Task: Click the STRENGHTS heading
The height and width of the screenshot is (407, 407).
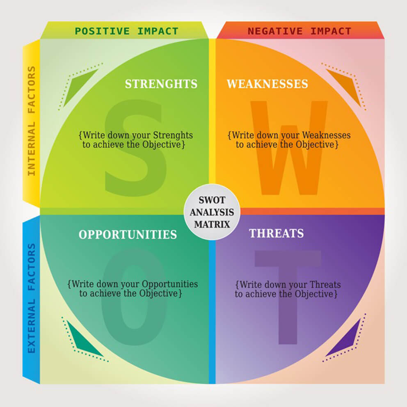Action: tap(161, 84)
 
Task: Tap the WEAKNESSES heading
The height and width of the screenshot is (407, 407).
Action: tap(267, 84)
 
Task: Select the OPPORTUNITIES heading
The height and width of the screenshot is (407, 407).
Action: tap(128, 234)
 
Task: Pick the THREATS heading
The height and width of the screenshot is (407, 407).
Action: tap(276, 233)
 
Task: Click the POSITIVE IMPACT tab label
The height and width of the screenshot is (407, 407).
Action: tap(126, 31)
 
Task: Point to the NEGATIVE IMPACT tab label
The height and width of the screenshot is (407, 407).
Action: tap(300, 31)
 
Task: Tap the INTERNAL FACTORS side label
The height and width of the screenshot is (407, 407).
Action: tap(32, 121)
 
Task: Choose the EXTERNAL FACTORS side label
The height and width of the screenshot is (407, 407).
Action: tap(32, 298)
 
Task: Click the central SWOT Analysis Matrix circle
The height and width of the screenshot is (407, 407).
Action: tap(212, 212)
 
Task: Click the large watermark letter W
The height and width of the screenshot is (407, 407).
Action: tap(290, 148)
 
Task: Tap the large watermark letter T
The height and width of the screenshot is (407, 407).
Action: tap(288, 295)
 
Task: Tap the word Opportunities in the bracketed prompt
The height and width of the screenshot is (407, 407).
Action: tap(169, 284)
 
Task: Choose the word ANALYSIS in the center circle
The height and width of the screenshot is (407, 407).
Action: tap(212, 213)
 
